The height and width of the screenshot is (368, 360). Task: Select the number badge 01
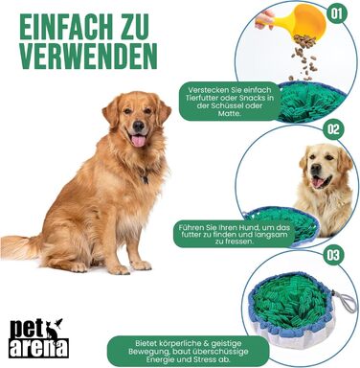[335, 14]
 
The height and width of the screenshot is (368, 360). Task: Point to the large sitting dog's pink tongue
[140, 140]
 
